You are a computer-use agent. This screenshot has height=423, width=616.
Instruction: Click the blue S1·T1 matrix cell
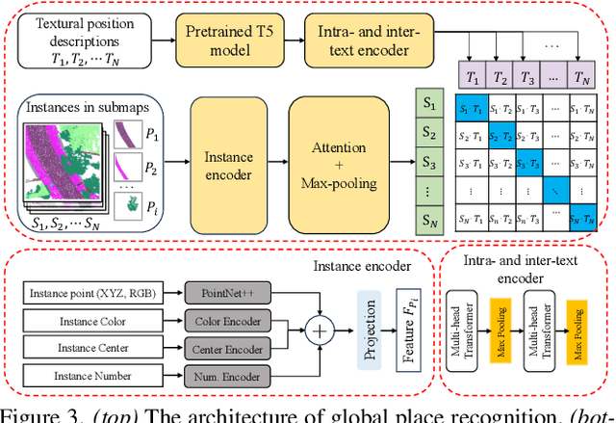pos(472,109)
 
